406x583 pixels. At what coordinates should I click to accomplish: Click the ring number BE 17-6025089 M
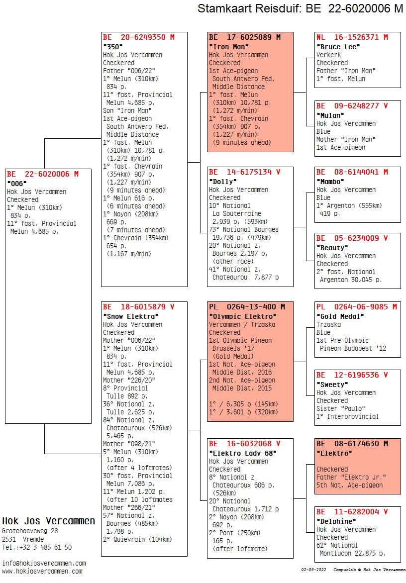point(245,37)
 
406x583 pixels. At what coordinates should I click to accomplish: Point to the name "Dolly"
point(223,182)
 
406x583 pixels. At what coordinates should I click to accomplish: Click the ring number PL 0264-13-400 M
point(247,307)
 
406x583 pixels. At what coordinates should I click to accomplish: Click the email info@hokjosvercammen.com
point(44,564)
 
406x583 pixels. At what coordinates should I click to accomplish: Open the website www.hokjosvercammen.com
point(42,572)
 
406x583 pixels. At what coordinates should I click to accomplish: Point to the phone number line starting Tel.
point(37,548)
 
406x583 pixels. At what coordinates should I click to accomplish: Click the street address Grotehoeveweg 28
point(30,531)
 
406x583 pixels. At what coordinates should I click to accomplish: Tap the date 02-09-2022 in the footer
point(313,570)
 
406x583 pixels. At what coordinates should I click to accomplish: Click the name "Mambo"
point(331,182)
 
